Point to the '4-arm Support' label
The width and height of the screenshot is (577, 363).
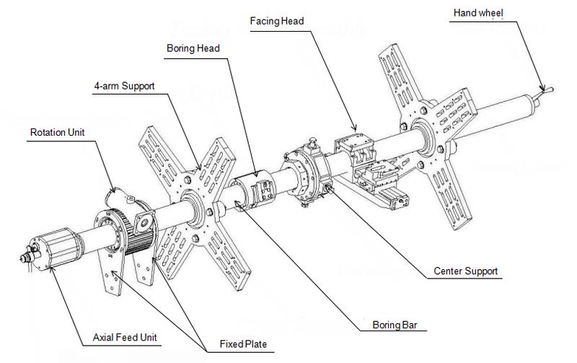[124, 87]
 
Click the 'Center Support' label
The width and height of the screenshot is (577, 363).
[465, 272]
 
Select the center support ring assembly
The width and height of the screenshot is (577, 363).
[307, 173]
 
